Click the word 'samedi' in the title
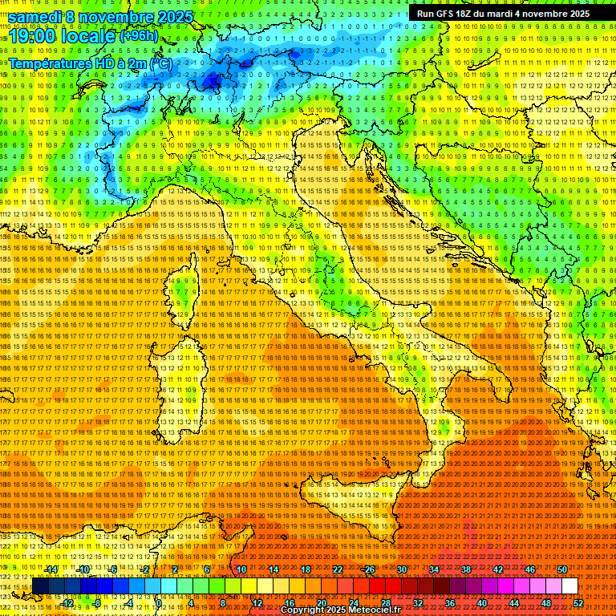point(35,17)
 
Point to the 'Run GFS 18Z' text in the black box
point(446,14)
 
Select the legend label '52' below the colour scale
point(577,603)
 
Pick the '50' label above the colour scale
point(562,569)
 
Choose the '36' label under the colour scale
point(449,603)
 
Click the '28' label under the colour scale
point(385,603)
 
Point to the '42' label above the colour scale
point(497,569)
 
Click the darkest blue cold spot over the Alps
point(211,79)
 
